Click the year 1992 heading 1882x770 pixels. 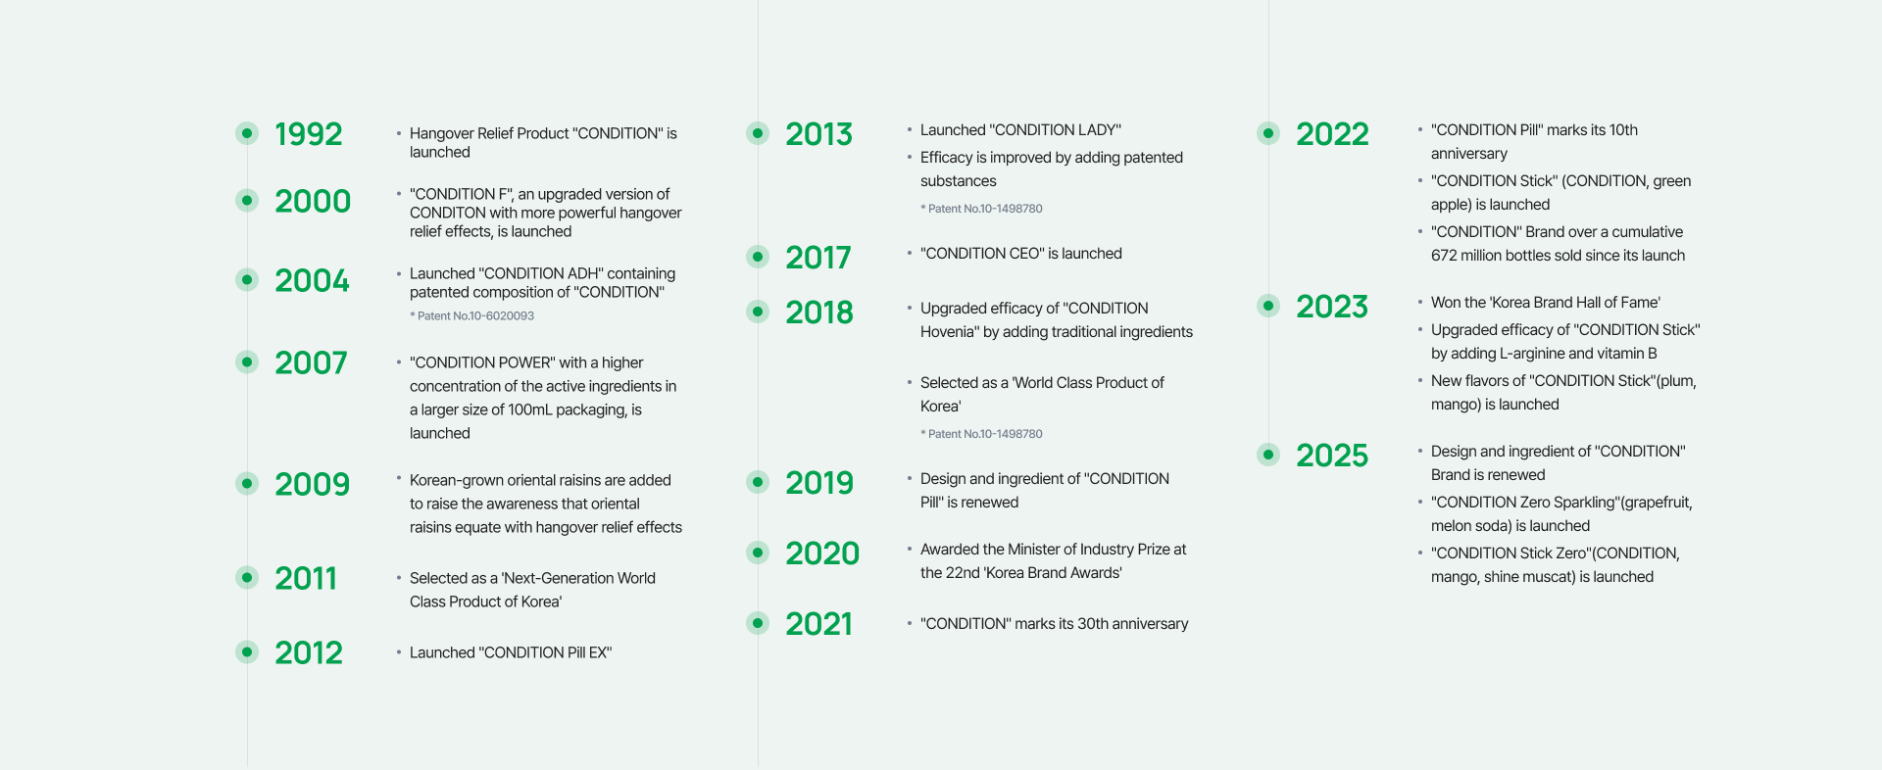coord(309,133)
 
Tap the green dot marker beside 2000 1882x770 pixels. coord(247,201)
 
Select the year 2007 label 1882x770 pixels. coord(311,362)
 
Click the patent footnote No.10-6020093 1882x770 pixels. coord(472,315)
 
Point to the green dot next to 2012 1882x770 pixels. coord(247,651)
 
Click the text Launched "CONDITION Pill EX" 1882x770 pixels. coord(511,652)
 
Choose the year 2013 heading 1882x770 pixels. coord(819,133)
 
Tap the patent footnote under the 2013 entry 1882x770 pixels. coord(981,209)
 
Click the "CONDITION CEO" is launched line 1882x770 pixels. coord(1021,254)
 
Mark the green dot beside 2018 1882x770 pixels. coord(758,312)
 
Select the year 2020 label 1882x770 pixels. coord(822,553)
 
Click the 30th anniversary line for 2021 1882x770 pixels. coord(1055,624)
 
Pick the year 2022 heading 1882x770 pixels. coord(1332,133)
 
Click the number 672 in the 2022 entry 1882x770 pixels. coord(1444,256)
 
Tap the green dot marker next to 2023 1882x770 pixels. coord(1268,306)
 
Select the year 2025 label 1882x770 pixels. coord(1332,455)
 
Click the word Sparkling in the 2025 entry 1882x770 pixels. coord(1587,503)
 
